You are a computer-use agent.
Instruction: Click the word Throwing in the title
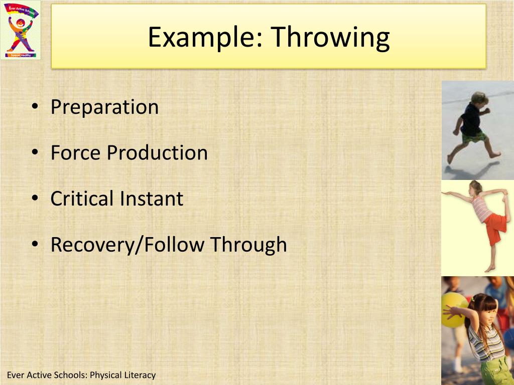[330, 38]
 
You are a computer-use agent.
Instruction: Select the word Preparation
[104, 107]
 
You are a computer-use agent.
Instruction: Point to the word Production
[157, 152]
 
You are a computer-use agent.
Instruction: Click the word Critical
[81, 199]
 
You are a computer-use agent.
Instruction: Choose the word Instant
[151, 199]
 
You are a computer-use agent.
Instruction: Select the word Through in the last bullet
[248, 245]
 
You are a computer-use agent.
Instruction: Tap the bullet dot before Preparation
[34, 107]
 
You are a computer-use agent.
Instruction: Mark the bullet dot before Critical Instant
[34, 199]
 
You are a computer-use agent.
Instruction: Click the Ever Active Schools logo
[20, 30]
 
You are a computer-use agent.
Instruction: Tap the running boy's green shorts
[473, 135]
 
